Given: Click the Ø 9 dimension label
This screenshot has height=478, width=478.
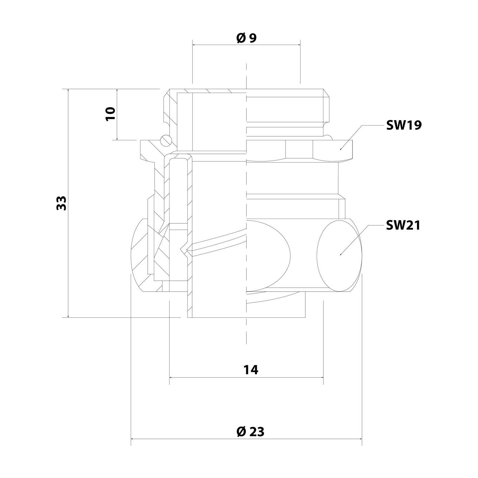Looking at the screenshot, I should [246, 38].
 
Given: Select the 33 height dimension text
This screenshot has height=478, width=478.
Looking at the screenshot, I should [61, 203].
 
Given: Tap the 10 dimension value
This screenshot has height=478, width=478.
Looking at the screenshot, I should [110, 114].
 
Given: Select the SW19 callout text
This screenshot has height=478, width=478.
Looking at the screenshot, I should [403, 126].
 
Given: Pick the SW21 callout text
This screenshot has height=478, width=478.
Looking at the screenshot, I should [403, 226].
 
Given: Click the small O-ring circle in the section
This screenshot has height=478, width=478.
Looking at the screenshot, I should [165, 140].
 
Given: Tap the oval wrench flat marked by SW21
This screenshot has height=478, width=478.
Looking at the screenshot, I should [340, 255].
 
